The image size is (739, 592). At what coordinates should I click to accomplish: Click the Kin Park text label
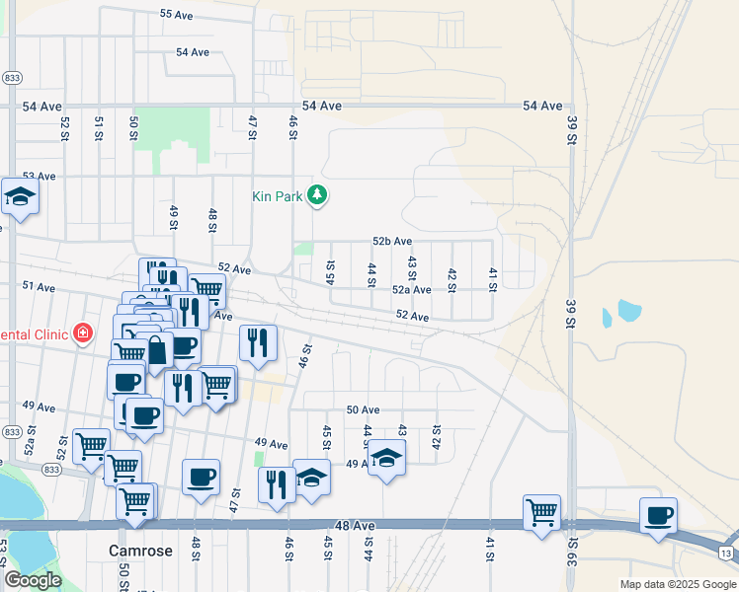pyautogui.click(x=277, y=196)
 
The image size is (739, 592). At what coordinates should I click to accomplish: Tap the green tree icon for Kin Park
pyautogui.click(x=317, y=196)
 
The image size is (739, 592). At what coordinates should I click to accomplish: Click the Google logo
pyautogui.click(x=33, y=580)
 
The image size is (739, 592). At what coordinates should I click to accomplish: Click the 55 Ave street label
pyautogui.click(x=176, y=15)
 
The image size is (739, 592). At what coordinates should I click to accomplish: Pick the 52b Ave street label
pyautogui.click(x=391, y=241)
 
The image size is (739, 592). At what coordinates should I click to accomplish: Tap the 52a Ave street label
pyautogui.click(x=411, y=290)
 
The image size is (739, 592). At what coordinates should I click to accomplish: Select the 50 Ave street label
pyautogui.click(x=363, y=409)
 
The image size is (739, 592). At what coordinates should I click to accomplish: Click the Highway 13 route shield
pyautogui.click(x=726, y=555)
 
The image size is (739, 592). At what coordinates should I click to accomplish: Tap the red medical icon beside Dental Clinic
pyautogui.click(x=82, y=333)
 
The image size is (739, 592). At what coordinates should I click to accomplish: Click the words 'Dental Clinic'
pyautogui.click(x=34, y=333)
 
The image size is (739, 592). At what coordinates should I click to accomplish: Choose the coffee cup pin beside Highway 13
pyautogui.click(x=658, y=515)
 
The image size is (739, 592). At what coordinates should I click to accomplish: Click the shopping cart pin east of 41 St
pyautogui.click(x=541, y=512)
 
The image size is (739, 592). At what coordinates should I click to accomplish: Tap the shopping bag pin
pyautogui.click(x=157, y=349)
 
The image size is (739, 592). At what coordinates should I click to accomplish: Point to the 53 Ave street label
pyautogui.click(x=39, y=176)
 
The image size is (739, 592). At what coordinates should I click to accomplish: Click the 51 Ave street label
pyautogui.click(x=39, y=287)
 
